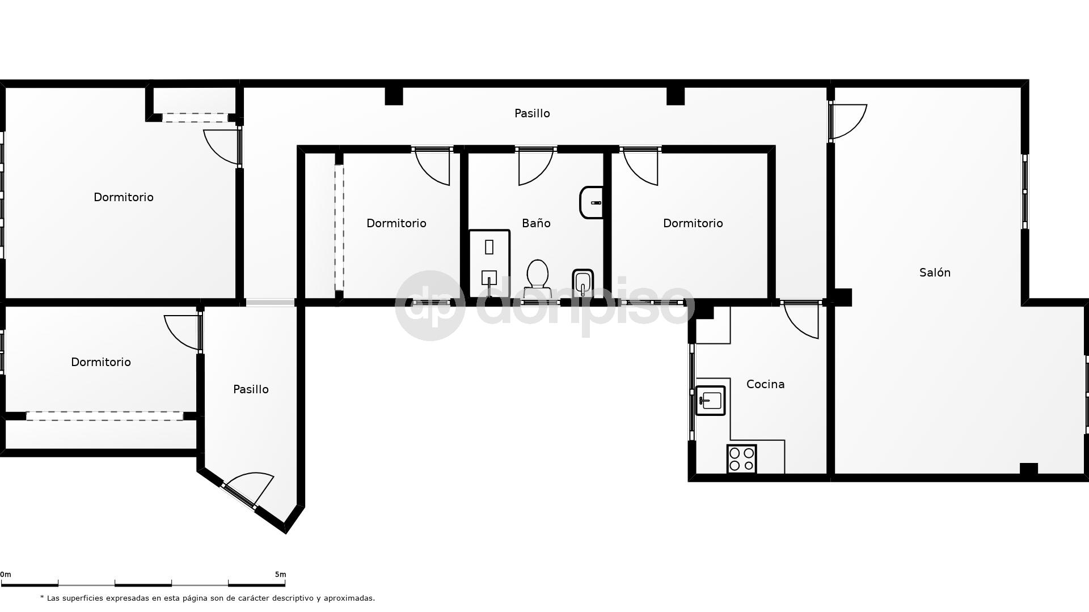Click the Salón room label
[935, 273]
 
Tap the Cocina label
[765, 384]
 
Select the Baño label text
[536, 223]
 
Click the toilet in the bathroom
[537, 278]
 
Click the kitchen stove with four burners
[741, 458]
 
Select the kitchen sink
[710, 401]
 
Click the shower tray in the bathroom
[489, 263]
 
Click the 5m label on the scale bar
[280, 574]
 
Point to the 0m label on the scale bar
[6, 574]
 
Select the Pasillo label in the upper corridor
[532, 113]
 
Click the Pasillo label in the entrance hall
[251, 389]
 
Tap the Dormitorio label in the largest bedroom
[124, 197]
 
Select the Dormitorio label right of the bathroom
[693, 223]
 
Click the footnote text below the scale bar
[208, 598]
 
